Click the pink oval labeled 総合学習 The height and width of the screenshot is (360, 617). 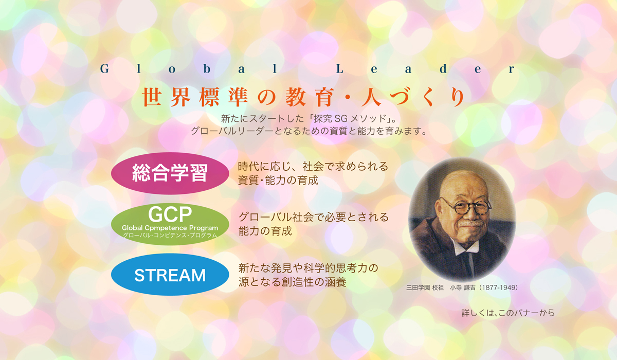pyautogui.click(x=170, y=173)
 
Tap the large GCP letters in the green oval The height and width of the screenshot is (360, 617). pyautogui.click(x=170, y=214)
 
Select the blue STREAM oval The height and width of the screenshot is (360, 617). pyautogui.click(x=170, y=275)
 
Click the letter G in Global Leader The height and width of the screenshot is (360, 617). pyautogui.click(x=105, y=69)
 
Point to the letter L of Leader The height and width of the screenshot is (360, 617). pyautogui.click(x=340, y=69)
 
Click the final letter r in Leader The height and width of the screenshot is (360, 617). pyautogui.click(x=512, y=70)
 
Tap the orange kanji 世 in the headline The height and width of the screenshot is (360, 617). pyautogui.click(x=152, y=97)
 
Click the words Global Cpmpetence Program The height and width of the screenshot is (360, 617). pyautogui.click(x=170, y=228)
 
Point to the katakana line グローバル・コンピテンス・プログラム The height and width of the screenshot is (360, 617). pyautogui.click(x=170, y=235)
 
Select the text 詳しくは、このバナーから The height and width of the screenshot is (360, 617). pyautogui.click(x=508, y=313)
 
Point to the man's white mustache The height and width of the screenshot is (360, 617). pyautogui.click(x=472, y=223)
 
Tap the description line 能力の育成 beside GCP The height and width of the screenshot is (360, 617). pyautogui.click(x=265, y=231)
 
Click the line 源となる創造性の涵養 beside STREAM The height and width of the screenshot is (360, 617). pyautogui.click(x=292, y=282)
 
